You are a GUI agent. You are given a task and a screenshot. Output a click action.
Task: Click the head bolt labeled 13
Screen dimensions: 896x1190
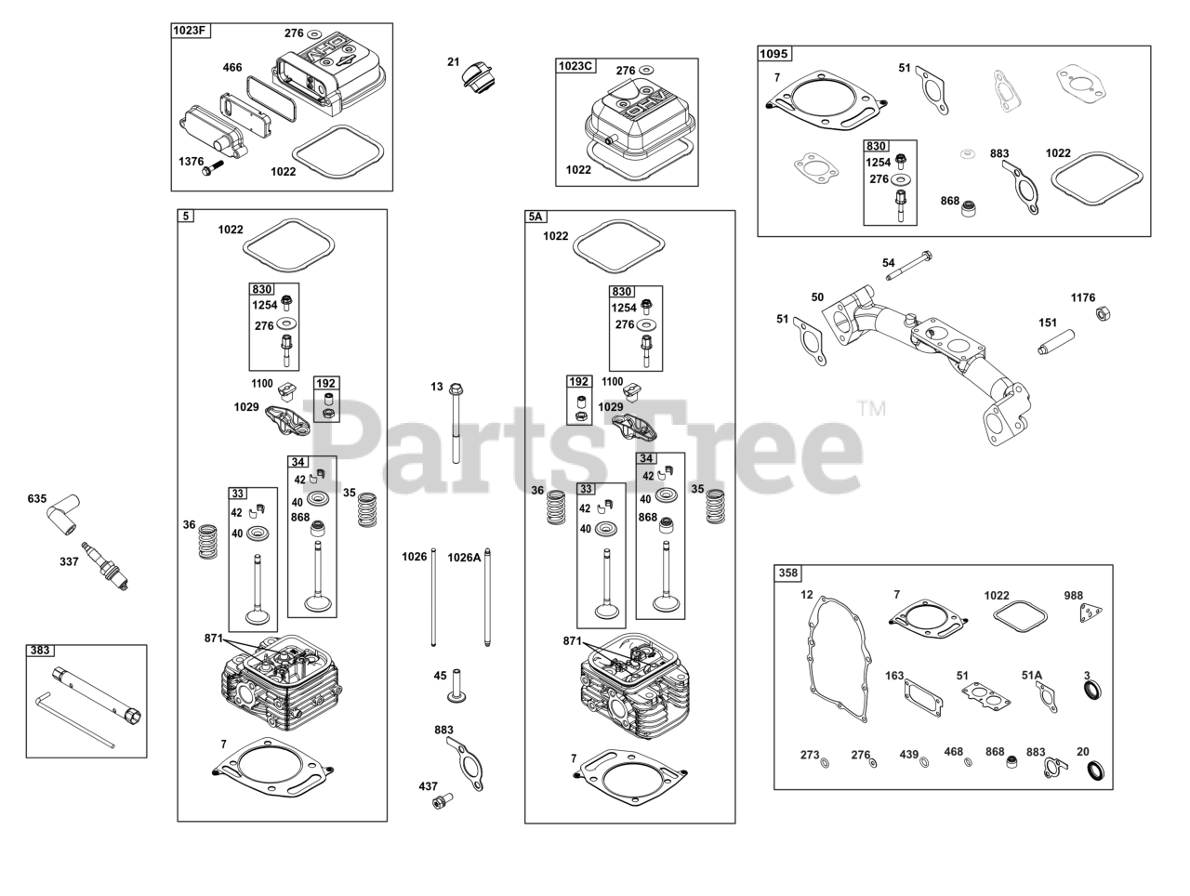[456, 422]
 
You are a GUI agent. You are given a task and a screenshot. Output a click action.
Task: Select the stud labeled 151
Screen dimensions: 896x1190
[1057, 341]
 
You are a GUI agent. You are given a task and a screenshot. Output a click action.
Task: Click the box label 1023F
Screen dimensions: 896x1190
[191, 31]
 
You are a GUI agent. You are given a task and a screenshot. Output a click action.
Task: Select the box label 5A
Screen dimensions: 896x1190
[535, 217]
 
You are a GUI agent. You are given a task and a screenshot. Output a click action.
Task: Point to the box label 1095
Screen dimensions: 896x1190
[773, 53]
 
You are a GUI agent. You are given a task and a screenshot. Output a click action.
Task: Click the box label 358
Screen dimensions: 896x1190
[787, 573]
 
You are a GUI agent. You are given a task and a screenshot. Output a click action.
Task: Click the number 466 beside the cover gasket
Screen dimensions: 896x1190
[232, 67]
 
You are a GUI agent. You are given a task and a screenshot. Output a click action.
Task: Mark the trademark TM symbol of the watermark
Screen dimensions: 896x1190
[871, 408]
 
